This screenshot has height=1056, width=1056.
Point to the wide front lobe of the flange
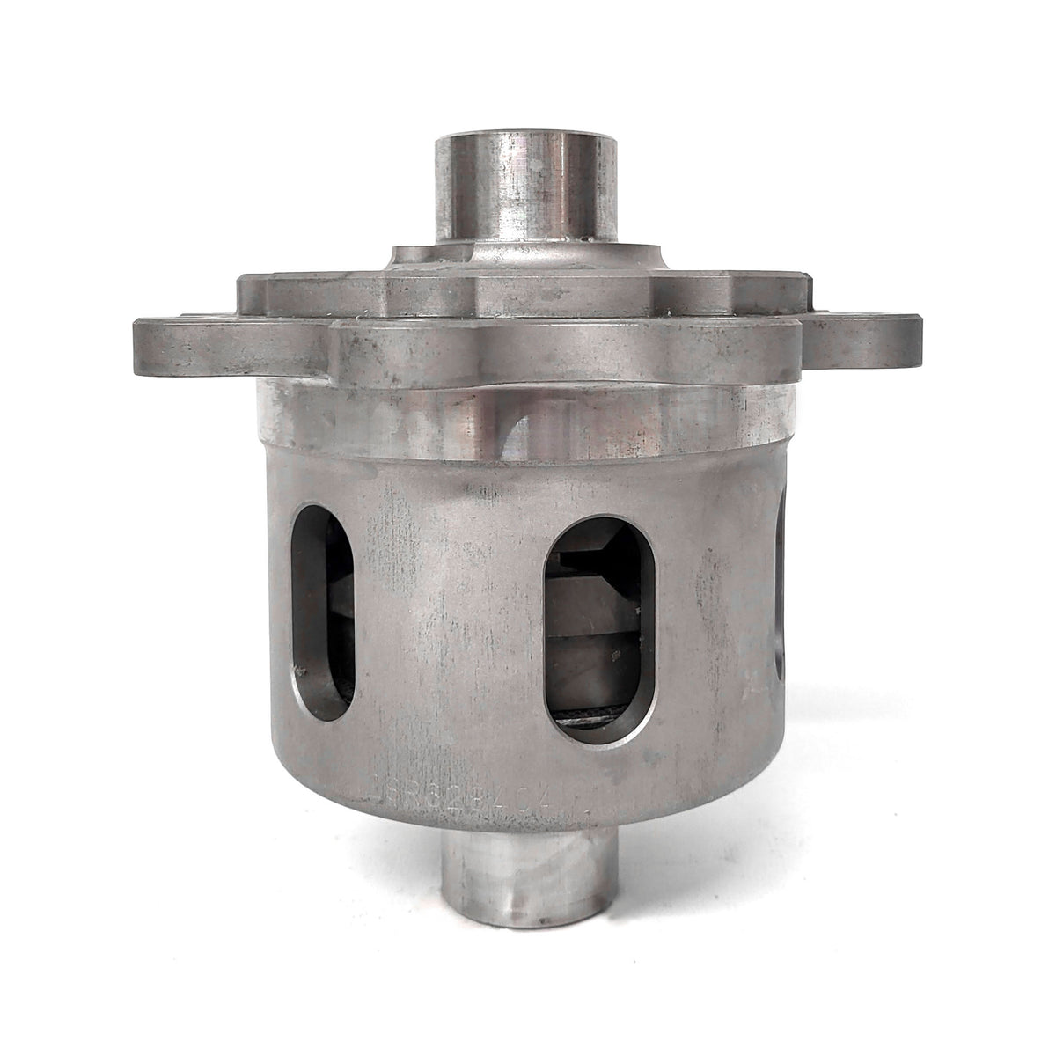(x=563, y=352)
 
